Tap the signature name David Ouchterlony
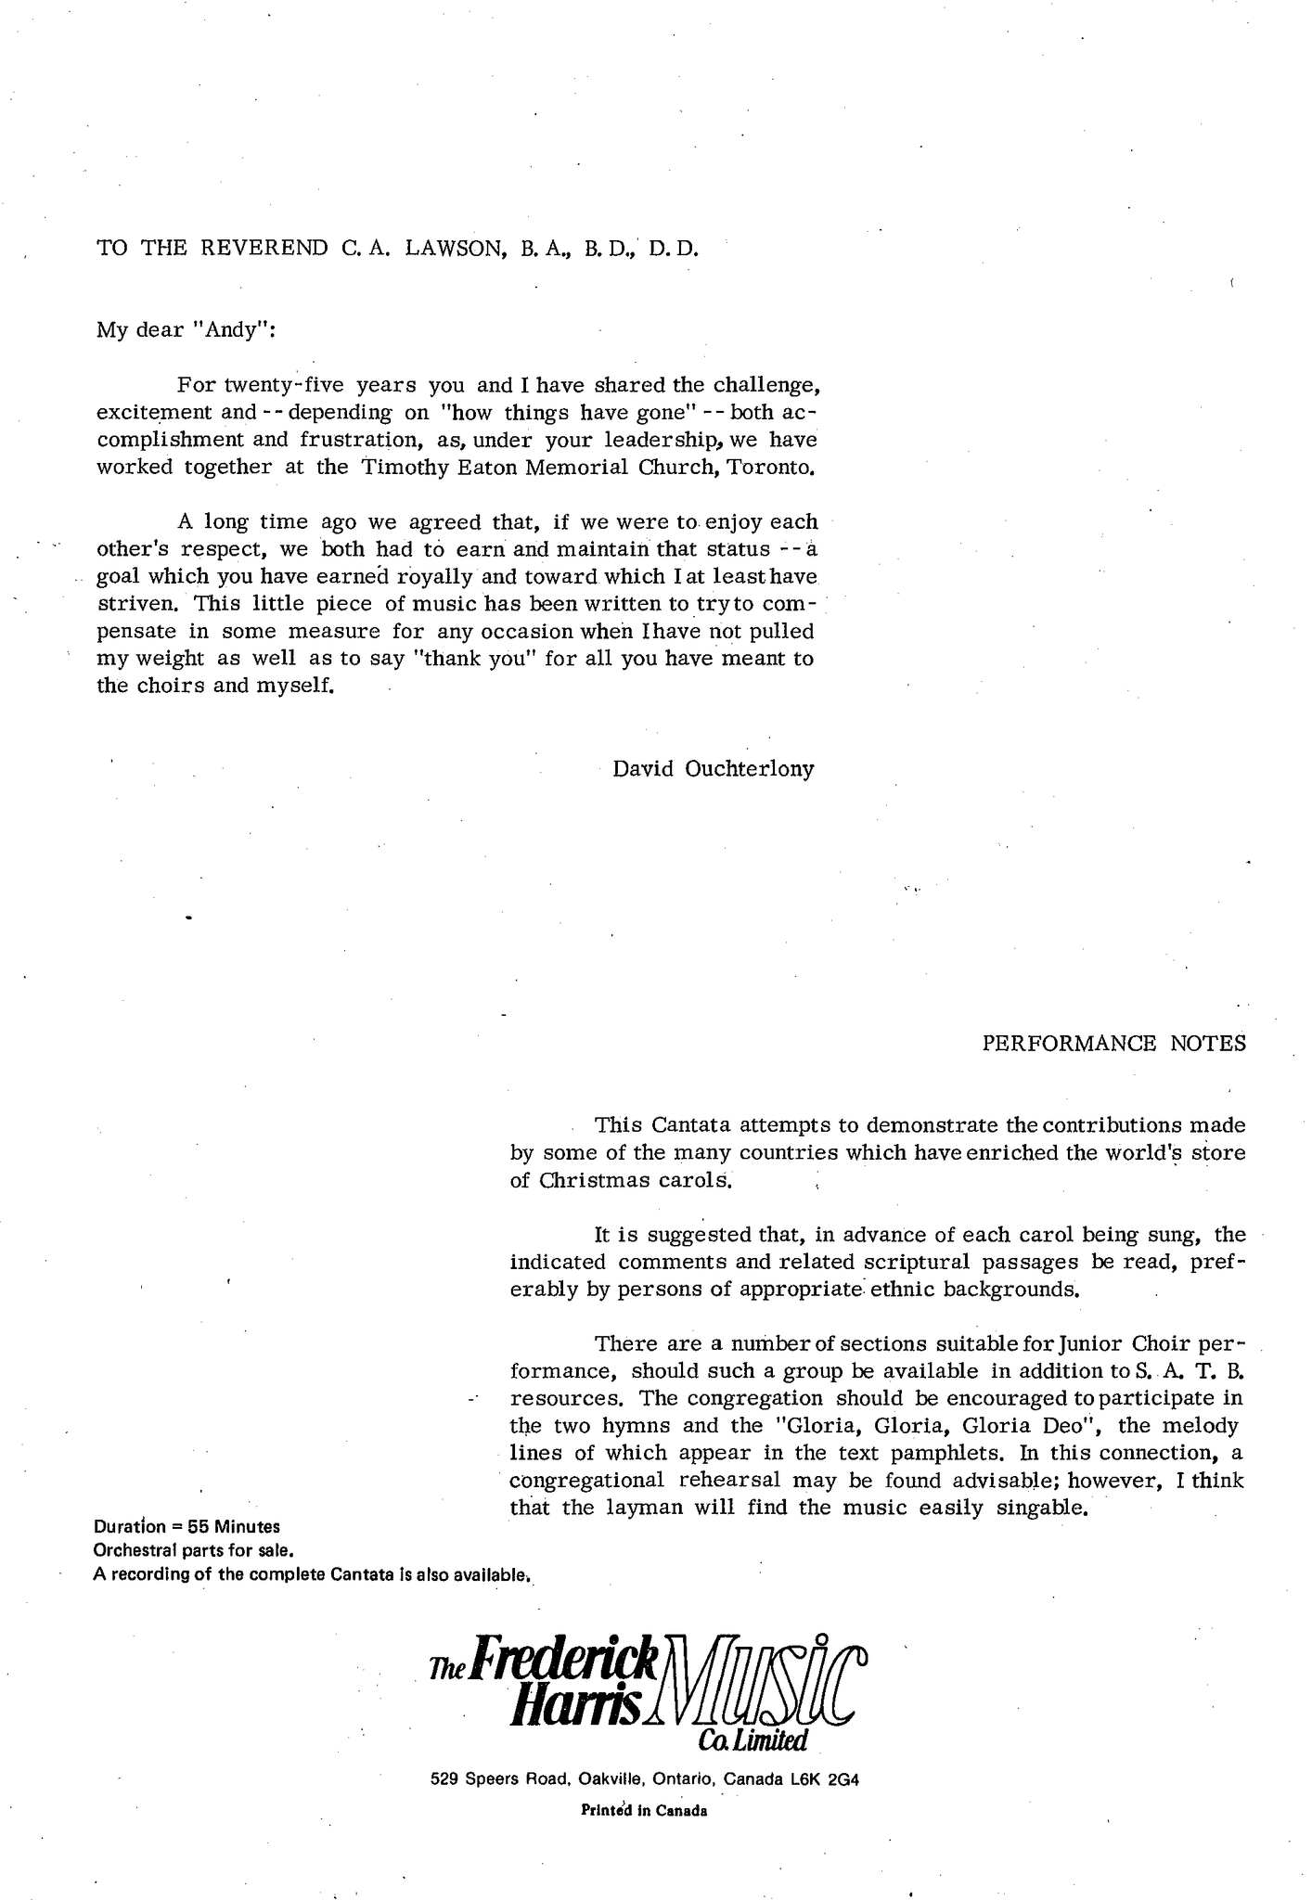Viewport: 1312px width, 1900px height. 713,769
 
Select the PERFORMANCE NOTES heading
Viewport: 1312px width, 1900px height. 1113,1043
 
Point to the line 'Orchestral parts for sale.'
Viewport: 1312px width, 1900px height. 194,1549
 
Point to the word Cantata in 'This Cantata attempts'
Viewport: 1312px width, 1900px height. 691,1125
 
